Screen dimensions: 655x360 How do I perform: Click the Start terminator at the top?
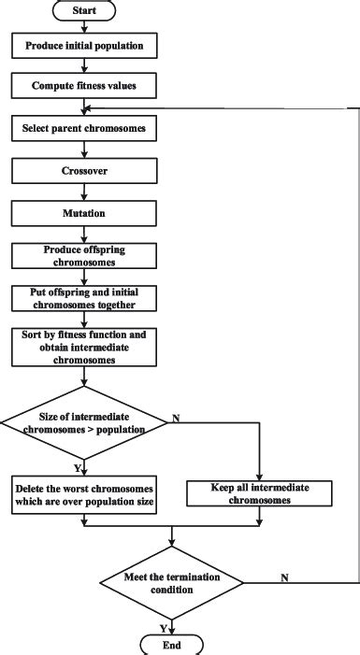84,11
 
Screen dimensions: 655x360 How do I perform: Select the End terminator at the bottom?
171,644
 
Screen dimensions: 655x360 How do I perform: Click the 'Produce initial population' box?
84,44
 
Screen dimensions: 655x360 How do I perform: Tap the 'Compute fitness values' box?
84,85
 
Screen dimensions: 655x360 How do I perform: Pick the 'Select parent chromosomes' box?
84,127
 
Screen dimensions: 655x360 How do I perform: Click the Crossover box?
84,170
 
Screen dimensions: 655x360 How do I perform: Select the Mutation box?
84,212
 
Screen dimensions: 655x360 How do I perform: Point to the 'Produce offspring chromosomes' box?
84,255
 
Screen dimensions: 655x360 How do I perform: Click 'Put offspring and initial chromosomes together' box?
84,297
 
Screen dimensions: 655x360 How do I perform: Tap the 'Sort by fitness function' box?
84,347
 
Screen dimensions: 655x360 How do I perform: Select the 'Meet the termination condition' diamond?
171,583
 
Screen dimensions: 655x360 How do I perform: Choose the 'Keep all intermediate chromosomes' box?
261,492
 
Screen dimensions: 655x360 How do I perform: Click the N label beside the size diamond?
175,419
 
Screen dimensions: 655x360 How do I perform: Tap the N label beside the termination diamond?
283,580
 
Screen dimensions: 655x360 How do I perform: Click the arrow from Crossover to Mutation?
84,192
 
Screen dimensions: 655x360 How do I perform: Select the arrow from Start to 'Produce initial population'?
84,26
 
